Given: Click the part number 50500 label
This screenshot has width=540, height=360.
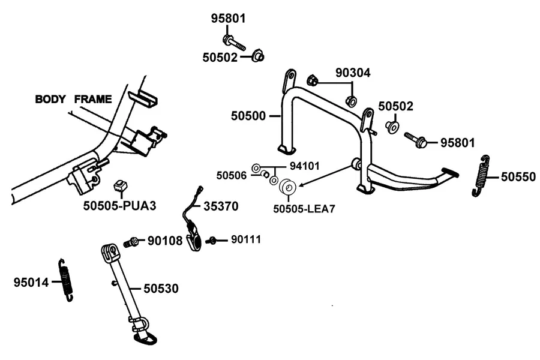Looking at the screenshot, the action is [x=248, y=116].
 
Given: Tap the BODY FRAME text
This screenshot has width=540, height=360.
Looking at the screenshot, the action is [x=73, y=99].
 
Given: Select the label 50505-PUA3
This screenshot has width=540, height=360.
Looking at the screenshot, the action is [x=119, y=206].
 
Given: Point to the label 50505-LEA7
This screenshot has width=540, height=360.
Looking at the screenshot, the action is [x=304, y=209].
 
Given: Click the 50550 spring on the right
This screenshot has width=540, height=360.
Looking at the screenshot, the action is [x=481, y=176].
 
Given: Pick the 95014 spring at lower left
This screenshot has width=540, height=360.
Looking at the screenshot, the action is [x=66, y=280].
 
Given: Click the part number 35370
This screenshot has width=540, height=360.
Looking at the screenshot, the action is [x=221, y=206].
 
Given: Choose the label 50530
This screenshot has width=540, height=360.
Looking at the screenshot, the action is [x=161, y=289].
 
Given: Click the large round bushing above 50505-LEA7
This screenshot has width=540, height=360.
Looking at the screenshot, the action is [x=287, y=187].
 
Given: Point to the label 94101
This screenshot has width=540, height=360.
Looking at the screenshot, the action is [x=304, y=166].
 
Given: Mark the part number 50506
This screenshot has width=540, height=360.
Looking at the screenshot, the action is [x=232, y=176].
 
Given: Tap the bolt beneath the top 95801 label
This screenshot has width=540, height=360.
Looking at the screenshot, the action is [x=234, y=43].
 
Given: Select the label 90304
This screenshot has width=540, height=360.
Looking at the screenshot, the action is [x=353, y=73].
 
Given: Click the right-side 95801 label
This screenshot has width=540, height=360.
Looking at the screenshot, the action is [x=458, y=143].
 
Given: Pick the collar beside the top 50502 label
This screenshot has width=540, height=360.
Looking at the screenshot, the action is [x=257, y=56].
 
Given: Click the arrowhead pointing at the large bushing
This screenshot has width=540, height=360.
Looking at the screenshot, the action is [x=301, y=185].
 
